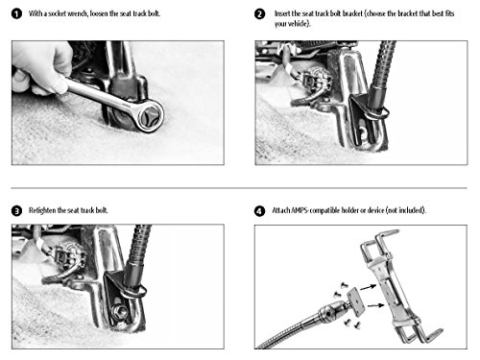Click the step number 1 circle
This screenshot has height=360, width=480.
(16, 13)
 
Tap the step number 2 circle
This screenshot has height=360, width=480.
(259, 14)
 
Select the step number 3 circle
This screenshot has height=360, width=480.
(16, 211)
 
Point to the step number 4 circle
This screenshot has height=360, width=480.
(259, 211)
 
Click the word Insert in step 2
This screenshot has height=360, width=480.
(282, 13)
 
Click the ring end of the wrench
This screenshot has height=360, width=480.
(149, 115)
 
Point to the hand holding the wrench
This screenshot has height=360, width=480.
(40, 68)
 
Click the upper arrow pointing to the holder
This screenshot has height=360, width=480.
(368, 286)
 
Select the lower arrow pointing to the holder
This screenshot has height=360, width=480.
(375, 305)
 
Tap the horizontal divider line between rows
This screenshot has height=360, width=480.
(239, 188)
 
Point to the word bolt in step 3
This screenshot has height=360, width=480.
(102, 210)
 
